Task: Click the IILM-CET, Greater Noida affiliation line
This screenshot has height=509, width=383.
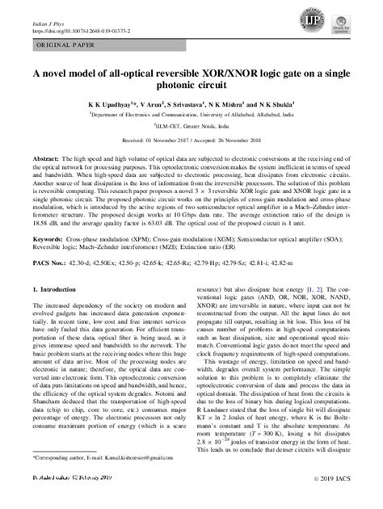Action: tap(191, 128)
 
